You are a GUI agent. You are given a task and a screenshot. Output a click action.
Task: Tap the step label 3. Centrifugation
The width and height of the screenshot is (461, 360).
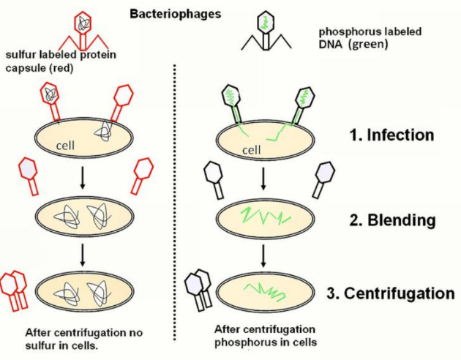tap(391, 294)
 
